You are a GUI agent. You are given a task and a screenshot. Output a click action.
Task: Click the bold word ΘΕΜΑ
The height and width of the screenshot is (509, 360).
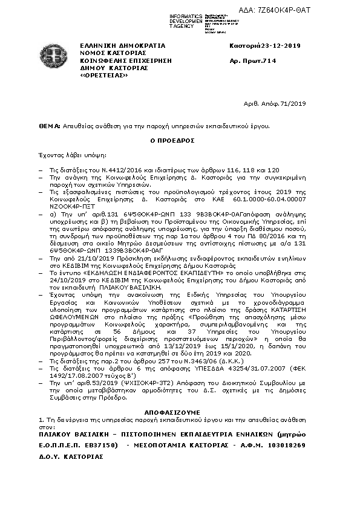coord(48,126)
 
